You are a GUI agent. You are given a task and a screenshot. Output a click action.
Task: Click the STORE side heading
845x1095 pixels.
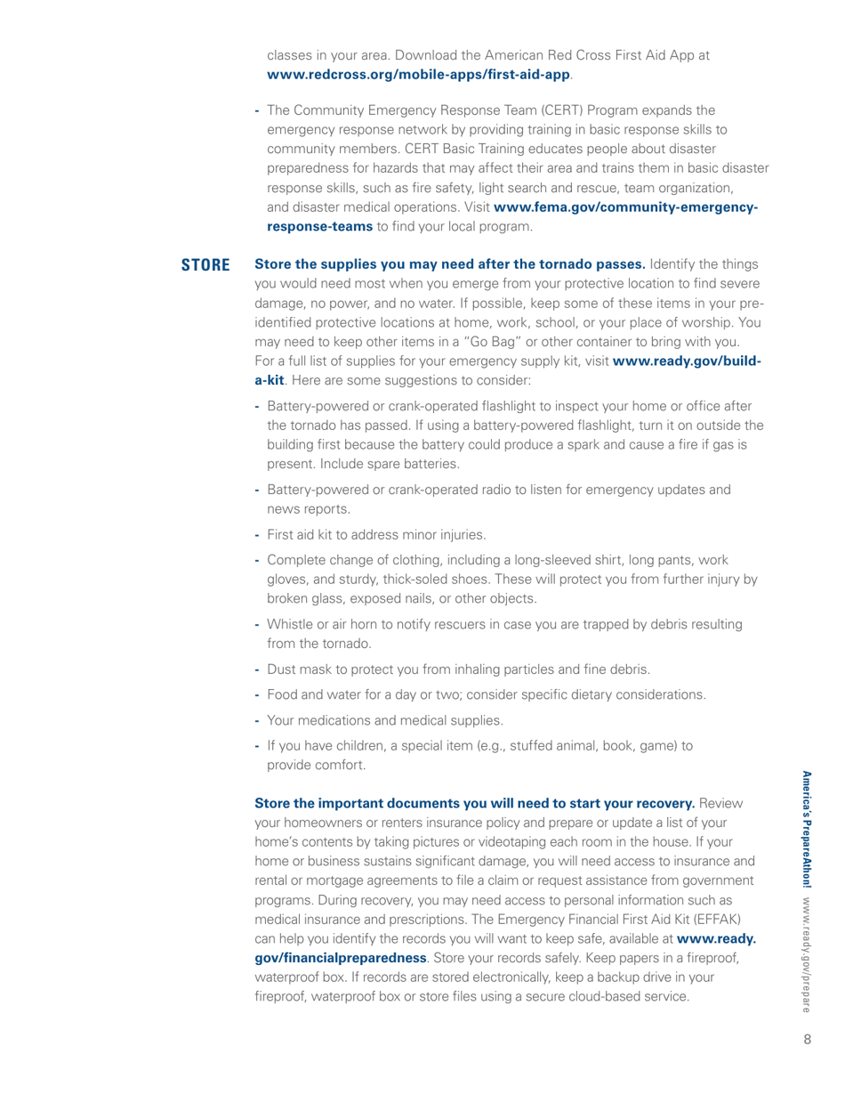click(x=205, y=265)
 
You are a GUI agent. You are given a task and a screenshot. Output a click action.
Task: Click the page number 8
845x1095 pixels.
click(x=806, y=1060)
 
